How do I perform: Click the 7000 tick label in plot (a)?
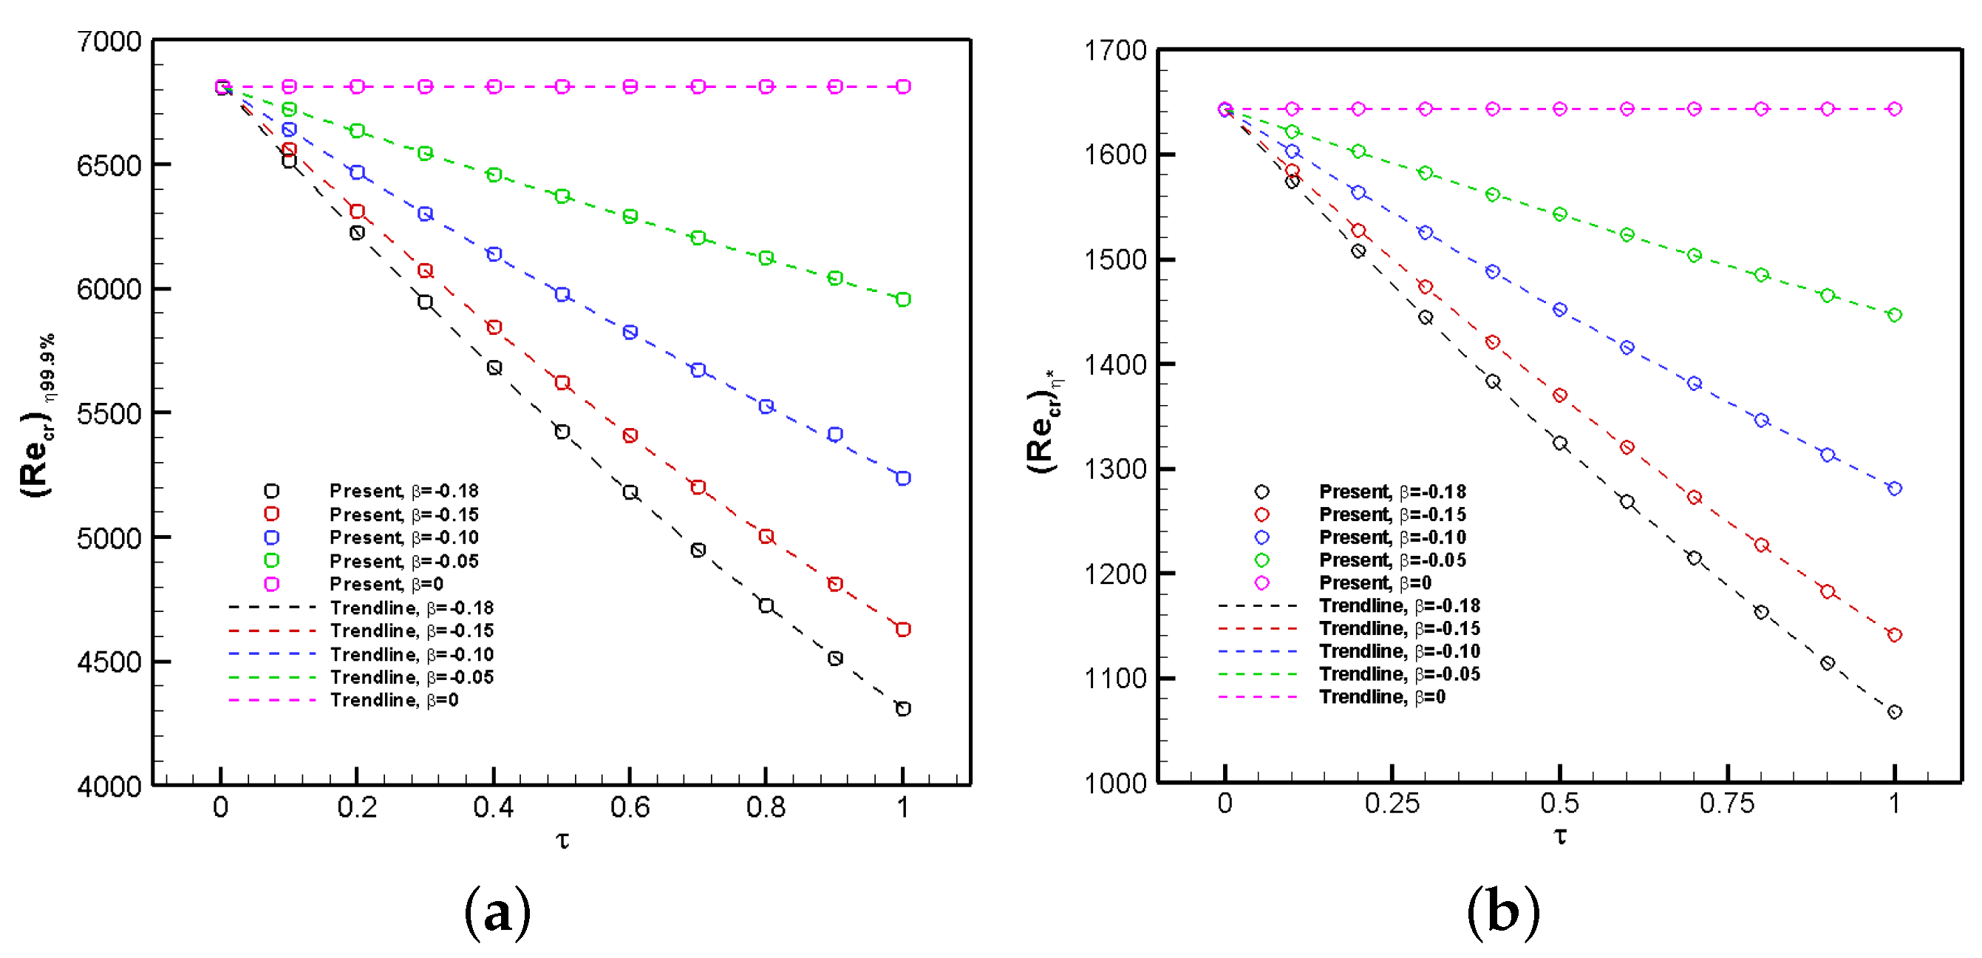tap(109, 41)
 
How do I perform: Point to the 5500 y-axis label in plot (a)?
tap(109, 414)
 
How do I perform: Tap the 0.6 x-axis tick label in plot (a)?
tap(630, 807)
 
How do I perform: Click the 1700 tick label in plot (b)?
tap(1116, 52)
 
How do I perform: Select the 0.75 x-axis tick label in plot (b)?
tap(1726, 804)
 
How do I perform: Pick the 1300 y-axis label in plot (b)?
tap(1116, 469)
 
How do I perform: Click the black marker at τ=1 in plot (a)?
tap(903, 709)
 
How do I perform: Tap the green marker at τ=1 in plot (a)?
tap(903, 299)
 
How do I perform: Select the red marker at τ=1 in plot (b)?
tap(1894, 635)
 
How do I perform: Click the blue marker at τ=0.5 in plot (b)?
tap(1559, 309)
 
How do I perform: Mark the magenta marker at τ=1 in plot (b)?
tap(1894, 109)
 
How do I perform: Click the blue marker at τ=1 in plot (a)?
tap(903, 478)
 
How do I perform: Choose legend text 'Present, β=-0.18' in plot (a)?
tap(404, 491)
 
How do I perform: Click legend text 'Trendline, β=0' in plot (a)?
tap(394, 700)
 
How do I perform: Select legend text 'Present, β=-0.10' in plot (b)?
tap(1392, 537)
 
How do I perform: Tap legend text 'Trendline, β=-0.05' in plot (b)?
tap(1400, 674)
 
